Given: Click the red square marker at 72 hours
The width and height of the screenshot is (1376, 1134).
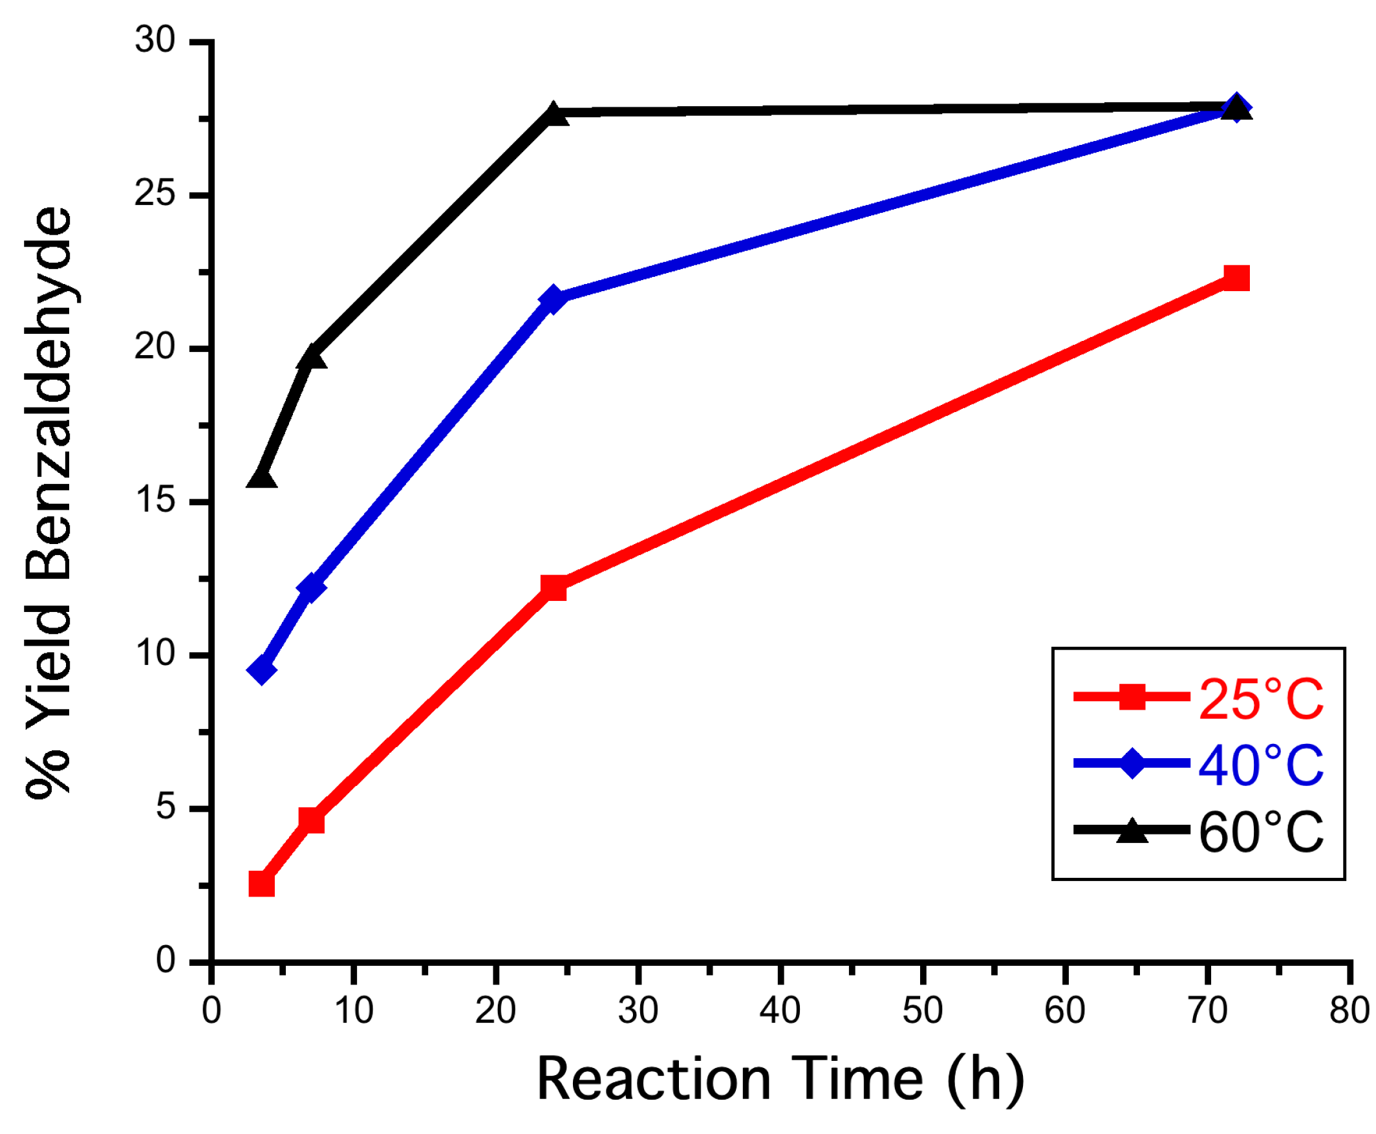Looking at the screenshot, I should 1235,278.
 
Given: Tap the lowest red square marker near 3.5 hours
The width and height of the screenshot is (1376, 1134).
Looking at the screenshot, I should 261,884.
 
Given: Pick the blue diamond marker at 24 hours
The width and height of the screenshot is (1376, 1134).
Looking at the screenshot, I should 552,299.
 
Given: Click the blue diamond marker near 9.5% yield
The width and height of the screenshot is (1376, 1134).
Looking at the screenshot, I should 261,670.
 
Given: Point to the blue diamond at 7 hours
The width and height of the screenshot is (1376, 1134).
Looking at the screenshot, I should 311,587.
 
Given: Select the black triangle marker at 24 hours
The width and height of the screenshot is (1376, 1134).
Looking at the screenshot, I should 554,114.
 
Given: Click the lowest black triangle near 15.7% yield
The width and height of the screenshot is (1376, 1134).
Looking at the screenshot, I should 261,478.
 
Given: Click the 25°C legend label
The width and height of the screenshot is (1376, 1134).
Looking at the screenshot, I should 1260,699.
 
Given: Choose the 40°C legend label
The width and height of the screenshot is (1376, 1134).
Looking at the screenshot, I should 1260,764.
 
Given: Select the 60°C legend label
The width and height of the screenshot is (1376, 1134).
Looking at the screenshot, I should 1260,831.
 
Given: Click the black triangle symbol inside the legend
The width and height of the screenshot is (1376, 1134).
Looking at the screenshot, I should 1132,831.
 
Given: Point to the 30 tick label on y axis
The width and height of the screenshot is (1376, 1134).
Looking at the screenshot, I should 155,41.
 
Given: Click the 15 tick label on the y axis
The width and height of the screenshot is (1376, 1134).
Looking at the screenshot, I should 155,501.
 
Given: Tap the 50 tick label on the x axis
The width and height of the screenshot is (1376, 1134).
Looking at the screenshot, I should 922,1010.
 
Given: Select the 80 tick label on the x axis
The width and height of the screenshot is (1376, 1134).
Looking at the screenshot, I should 1349,1010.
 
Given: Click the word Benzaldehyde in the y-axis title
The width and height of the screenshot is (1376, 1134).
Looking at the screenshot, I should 49,392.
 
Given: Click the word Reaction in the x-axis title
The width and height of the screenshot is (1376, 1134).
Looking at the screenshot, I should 653,1080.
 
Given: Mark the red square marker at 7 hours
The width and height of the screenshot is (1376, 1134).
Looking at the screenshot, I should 311,820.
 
